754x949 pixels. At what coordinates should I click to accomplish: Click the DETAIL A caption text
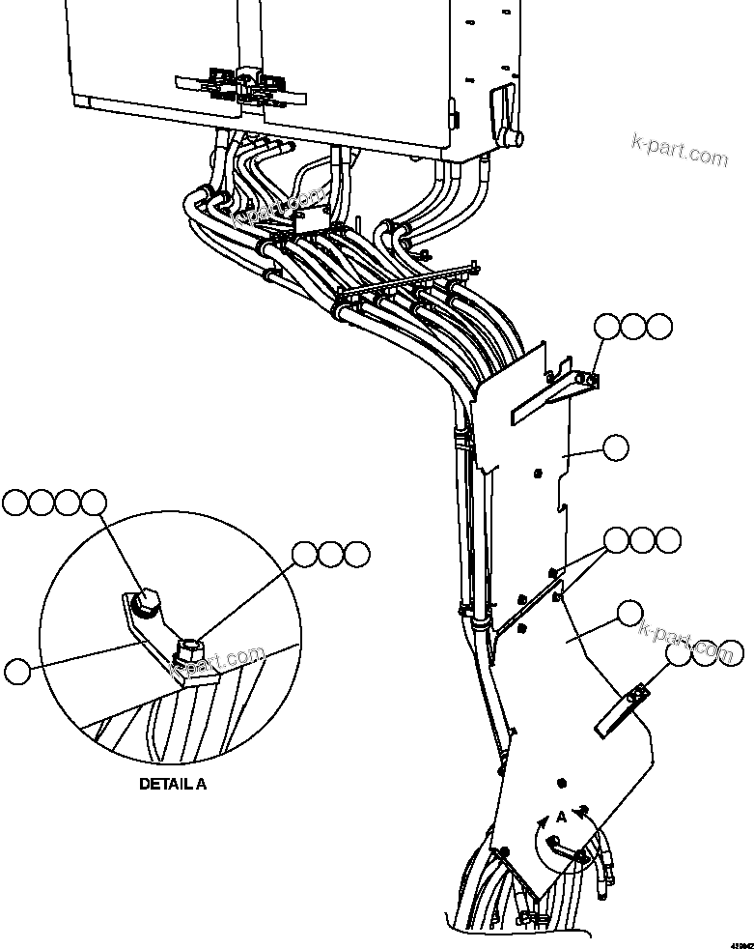pos(173,784)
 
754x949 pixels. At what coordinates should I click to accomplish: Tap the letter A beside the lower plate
pos(561,817)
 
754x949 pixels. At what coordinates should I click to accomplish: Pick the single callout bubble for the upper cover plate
pos(614,446)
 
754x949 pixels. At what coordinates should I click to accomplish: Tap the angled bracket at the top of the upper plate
pos(550,394)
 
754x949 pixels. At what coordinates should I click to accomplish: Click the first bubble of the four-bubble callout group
pos(16,502)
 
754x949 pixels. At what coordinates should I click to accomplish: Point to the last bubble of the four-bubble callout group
pos(94,502)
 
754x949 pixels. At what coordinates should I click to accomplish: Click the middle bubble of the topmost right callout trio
pos(633,327)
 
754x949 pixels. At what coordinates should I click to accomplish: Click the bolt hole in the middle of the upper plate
pos(538,472)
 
